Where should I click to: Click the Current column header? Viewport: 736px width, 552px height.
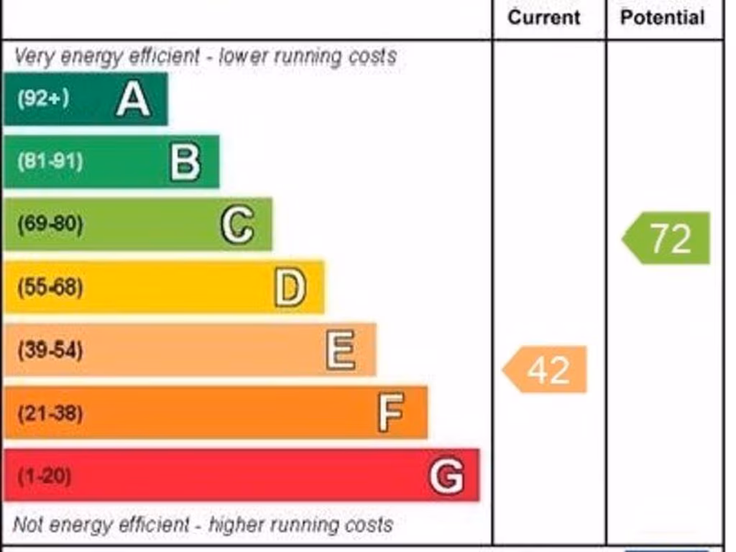tap(543, 17)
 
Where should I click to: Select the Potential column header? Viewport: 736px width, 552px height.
tap(662, 17)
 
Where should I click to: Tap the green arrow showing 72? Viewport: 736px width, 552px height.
tap(667, 238)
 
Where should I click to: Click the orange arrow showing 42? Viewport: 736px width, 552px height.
tap(546, 369)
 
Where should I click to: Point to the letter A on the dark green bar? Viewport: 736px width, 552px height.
tap(133, 99)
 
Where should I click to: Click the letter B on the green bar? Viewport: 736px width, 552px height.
tap(185, 162)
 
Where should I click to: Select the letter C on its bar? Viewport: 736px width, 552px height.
tap(236, 225)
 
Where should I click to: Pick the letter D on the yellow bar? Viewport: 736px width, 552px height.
tap(290, 287)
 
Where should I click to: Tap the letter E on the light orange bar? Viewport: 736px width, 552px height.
tap(341, 350)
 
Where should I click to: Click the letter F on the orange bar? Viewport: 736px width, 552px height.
tap(392, 413)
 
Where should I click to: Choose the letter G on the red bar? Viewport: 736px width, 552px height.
tap(446, 476)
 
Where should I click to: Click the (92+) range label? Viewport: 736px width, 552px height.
tap(43, 98)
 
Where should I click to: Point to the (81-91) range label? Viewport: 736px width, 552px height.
tap(50, 161)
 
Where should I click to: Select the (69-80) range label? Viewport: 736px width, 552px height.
tap(50, 224)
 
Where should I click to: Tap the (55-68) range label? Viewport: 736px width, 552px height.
tap(50, 287)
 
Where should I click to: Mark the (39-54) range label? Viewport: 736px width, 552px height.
tap(50, 350)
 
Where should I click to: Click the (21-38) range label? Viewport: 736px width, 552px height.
tap(50, 413)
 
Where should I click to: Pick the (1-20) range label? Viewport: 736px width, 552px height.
tap(44, 476)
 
